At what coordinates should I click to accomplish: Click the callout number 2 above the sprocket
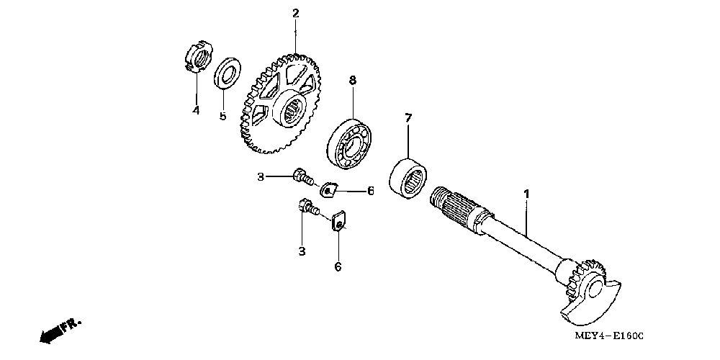295,13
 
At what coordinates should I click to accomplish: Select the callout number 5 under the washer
223,115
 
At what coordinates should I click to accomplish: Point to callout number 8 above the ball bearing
353,81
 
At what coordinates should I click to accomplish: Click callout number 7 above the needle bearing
408,117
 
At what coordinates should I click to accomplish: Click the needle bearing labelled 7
410,177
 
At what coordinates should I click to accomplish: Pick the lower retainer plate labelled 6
339,220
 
